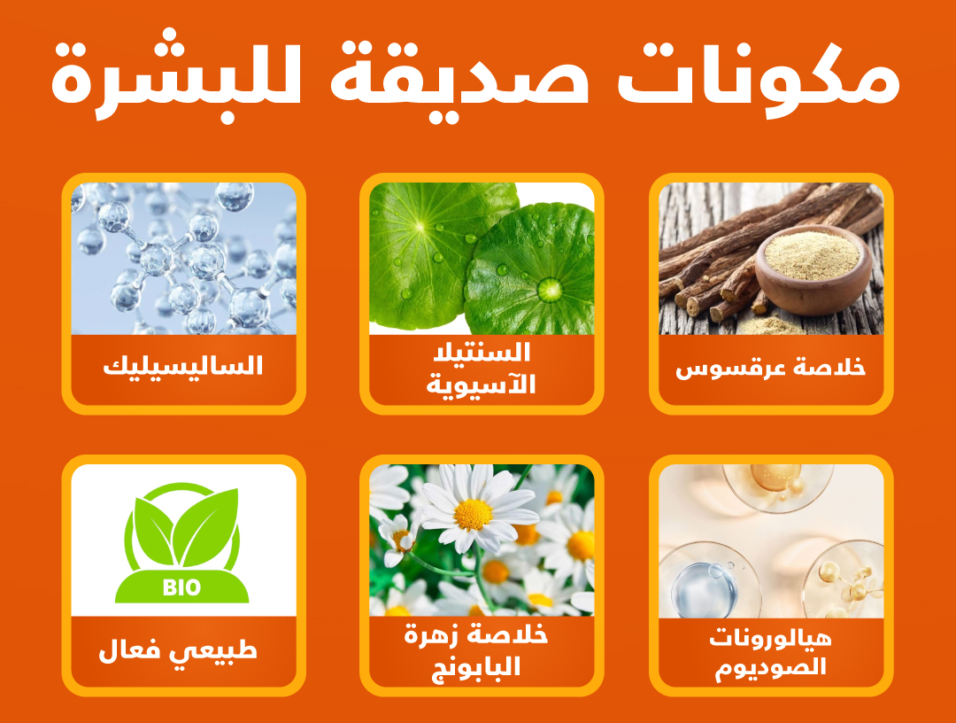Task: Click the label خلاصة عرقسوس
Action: [771, 369]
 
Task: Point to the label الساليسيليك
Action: [183, 366]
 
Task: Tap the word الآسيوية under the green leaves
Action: [481, 385]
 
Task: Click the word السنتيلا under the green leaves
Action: [482, 353]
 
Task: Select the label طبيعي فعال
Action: [178, 650]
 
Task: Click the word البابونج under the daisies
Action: [476, 667]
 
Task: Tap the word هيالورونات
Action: [771, 639]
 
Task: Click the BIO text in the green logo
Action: [181, 587]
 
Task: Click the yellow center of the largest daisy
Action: [473, 514]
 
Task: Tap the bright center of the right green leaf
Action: [550, 289]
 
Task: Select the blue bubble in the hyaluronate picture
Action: [703, 589]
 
